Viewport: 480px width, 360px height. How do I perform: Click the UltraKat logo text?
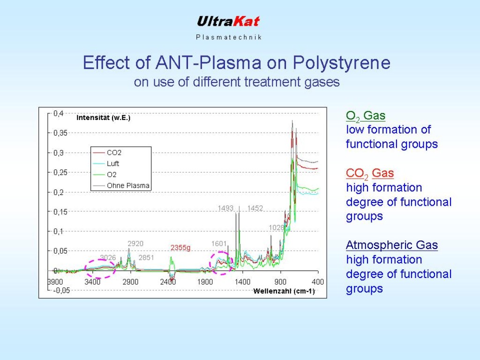pyautogui.click(x=228, y=22)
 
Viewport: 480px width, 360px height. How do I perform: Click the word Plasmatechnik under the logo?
pyautogui.click(x=229, y=37)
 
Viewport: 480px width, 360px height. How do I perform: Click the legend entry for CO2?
pyautogui.click(x=114, y=153)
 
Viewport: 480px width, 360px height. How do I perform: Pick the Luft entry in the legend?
pyautogui.click(x=113, y=164)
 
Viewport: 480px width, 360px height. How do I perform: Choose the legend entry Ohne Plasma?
pyautogui.click(x=128, y=186)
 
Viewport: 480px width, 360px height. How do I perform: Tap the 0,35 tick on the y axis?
pyautogui.click(x=60, y=133)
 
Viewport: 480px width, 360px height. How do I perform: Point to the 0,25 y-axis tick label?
pyautogui.click(x=60, y=172)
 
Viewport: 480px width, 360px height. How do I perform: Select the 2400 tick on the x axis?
pyautogui.click(x=168, y=282)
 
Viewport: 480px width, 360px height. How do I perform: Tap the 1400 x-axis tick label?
pyautogui.click(x=243, y=282)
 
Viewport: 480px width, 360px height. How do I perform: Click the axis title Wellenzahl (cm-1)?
pyautogui.click(x=284, y=291)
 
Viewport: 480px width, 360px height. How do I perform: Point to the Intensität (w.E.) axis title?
pyautogui.click(x=104, y=118)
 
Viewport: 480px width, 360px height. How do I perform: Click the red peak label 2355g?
pyautogui.click(x=180, y=247)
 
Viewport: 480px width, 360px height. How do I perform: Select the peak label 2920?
pyautogui.click(x=135, y=244)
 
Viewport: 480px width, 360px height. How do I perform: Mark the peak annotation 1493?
pyautogui.click(x=225, y=208)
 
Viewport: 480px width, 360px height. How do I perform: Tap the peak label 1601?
pyautogui.click(x=219, y=244)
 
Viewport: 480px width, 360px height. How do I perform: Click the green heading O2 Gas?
pyautogui.click(x=366, y=116)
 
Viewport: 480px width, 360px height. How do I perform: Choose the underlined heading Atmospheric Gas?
pyautogui.click(x=392, y=245)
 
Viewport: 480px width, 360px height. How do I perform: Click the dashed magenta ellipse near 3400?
pyautogui.click(x=100, y=268)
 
